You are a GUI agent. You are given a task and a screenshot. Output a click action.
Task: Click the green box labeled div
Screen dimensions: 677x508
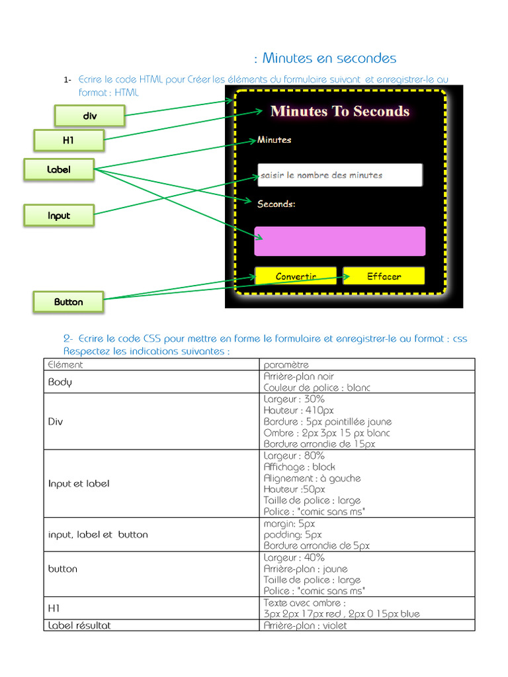[x=89, y=116]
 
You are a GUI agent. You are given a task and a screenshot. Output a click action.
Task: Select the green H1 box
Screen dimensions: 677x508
[x=69, y=139]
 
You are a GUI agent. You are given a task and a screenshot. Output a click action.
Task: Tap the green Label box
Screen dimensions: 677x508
[x=59, y=169]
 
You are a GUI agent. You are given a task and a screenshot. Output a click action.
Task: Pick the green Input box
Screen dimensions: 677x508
[x=59, y=216]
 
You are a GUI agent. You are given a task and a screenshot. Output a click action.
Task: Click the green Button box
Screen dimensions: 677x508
[x=69, y=301]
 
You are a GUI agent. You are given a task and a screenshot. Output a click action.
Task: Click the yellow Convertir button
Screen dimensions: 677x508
[x=296, y=276]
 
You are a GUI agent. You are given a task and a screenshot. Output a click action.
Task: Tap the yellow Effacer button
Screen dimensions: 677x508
[x=384, y=276]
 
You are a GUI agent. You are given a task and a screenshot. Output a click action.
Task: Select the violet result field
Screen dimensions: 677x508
[x=339, y=241]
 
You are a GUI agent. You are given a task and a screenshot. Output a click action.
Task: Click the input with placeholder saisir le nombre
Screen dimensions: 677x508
[x=339, y=175]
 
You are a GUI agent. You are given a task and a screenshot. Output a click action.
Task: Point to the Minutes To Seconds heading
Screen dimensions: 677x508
[x=340, y=111]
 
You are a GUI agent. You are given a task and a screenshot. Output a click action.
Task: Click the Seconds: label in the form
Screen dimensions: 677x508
[x=276, y=204]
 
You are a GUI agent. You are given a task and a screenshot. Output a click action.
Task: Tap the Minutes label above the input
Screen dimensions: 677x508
[x=274, y=140]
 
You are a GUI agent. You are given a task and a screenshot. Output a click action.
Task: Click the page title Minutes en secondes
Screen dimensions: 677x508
[x=329, y=58]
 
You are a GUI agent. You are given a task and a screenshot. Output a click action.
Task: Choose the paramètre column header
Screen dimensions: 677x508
[x=286, y=364]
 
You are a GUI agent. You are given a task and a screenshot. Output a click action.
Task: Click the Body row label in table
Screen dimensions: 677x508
[x=60, y=382]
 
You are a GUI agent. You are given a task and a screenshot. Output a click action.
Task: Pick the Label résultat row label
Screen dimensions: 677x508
[x=79, y=625]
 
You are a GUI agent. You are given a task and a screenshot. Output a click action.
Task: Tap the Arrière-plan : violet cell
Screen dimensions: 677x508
[x=305, y=625]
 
